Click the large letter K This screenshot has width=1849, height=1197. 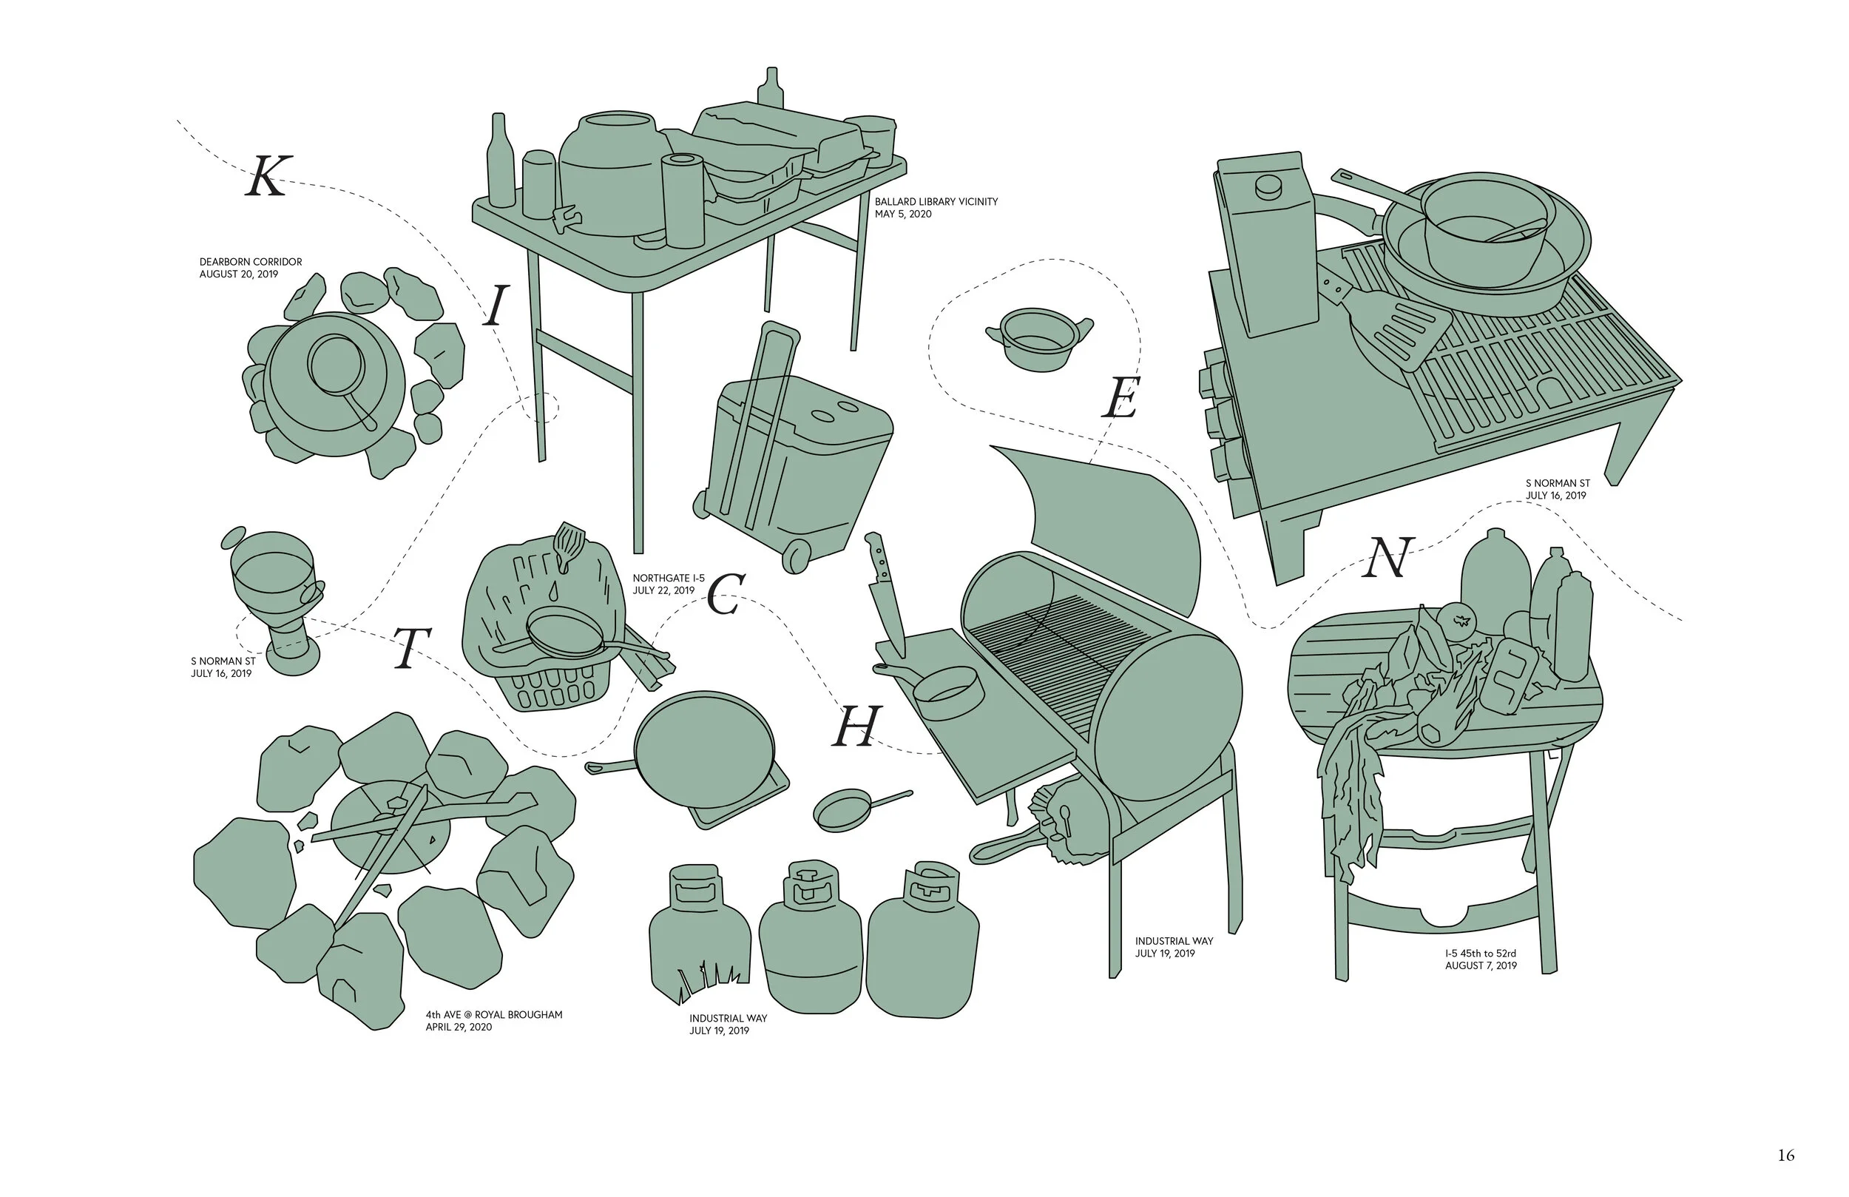268,175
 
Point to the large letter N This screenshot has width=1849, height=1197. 1386,558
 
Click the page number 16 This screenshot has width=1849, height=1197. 1786,1155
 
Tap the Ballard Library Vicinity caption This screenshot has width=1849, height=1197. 936,208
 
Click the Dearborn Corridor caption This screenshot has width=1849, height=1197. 250,268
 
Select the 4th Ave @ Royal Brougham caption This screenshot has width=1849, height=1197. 493,1021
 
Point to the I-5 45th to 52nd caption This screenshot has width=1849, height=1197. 1481,960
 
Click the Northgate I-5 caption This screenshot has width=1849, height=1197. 668,584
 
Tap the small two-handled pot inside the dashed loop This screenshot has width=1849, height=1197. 1038,338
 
